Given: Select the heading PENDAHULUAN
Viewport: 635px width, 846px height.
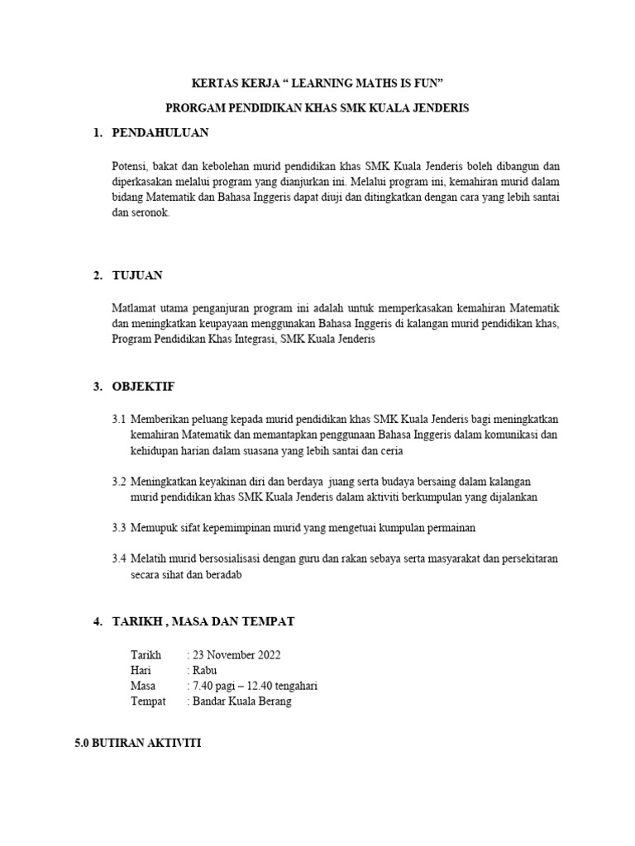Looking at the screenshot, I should coord(160,132).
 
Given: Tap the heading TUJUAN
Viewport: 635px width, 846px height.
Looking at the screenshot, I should coord(137,275).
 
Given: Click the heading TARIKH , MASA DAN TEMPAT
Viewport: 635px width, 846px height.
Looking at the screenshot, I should coord(203,621).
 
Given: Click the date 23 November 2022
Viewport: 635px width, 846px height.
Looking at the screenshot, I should coord(236,655).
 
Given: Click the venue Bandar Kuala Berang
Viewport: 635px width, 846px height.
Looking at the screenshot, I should coord(241,701).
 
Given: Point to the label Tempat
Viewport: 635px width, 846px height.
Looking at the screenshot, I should coord(148,701).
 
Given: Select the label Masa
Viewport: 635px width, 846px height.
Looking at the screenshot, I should coord(143,686).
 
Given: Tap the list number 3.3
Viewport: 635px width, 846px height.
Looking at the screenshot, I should coord(119,527).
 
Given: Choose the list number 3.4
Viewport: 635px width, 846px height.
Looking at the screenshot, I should coord(119,558).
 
